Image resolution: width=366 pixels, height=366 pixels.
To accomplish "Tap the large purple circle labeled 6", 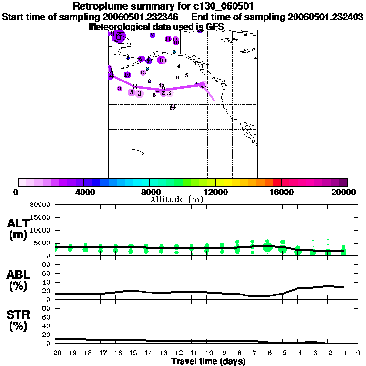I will coord(119,37).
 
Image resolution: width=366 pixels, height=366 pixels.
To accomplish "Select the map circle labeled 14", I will coord(163,60).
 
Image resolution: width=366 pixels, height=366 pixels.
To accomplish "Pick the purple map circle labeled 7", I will coord(152,35).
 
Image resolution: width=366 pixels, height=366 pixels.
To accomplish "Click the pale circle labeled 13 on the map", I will coord(142,72).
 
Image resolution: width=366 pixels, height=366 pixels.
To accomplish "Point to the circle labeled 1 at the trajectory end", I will coord(203,85).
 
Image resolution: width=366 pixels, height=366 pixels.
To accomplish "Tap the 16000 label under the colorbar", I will coord(281,192).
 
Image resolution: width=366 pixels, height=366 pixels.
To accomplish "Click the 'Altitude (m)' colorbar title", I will coord(176,199).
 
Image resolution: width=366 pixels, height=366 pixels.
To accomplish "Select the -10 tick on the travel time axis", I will coord(206,353).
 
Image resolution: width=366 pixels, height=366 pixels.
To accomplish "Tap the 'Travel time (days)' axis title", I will coord(208,361).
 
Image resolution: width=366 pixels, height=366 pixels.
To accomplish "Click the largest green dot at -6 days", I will coord(267,247).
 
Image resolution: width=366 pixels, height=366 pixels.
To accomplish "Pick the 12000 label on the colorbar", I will coord(215,192).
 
